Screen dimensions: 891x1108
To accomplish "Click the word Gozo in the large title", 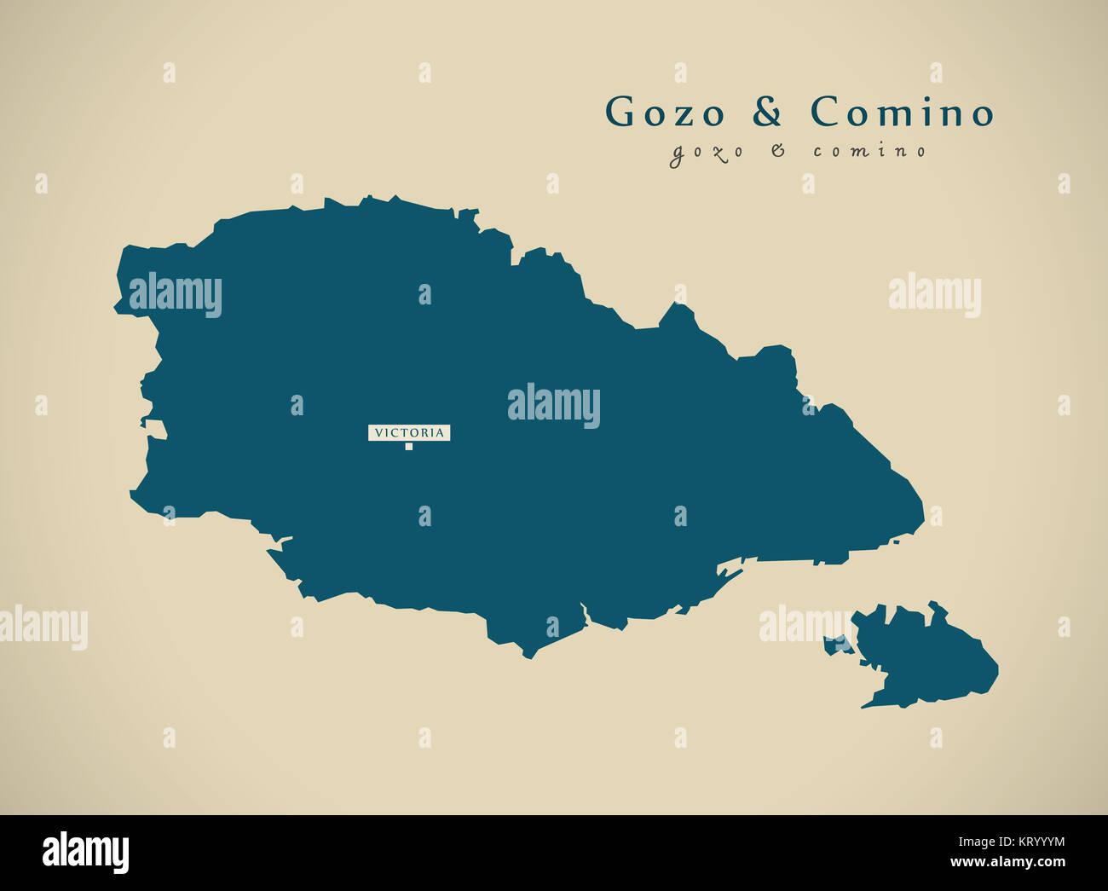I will [x=665, y=113].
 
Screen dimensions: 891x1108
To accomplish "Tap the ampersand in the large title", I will [x=767, y=113].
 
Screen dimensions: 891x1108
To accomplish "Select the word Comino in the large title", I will [x=902, y=113].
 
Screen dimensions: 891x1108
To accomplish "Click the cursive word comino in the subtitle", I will [x=869, y=152].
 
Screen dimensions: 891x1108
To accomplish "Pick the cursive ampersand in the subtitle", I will [x=777, y=151].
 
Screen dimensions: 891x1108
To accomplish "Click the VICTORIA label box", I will [x=409, y=433].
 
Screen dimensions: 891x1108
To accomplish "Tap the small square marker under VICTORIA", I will [x=409, y=446].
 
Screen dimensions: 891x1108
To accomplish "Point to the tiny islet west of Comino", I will [x=836, y=645].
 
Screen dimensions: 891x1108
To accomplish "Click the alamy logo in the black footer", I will [x=85, y=853].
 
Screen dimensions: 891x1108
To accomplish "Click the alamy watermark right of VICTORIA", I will [x=554, y=406].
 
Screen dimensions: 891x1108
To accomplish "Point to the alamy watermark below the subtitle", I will [x=934, y=295].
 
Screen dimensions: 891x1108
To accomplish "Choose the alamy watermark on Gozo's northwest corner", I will [x=176, y=295].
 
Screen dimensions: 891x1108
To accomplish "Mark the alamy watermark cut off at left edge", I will [x=43, y=628].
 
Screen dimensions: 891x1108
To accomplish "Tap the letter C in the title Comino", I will [x=826, y=113].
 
